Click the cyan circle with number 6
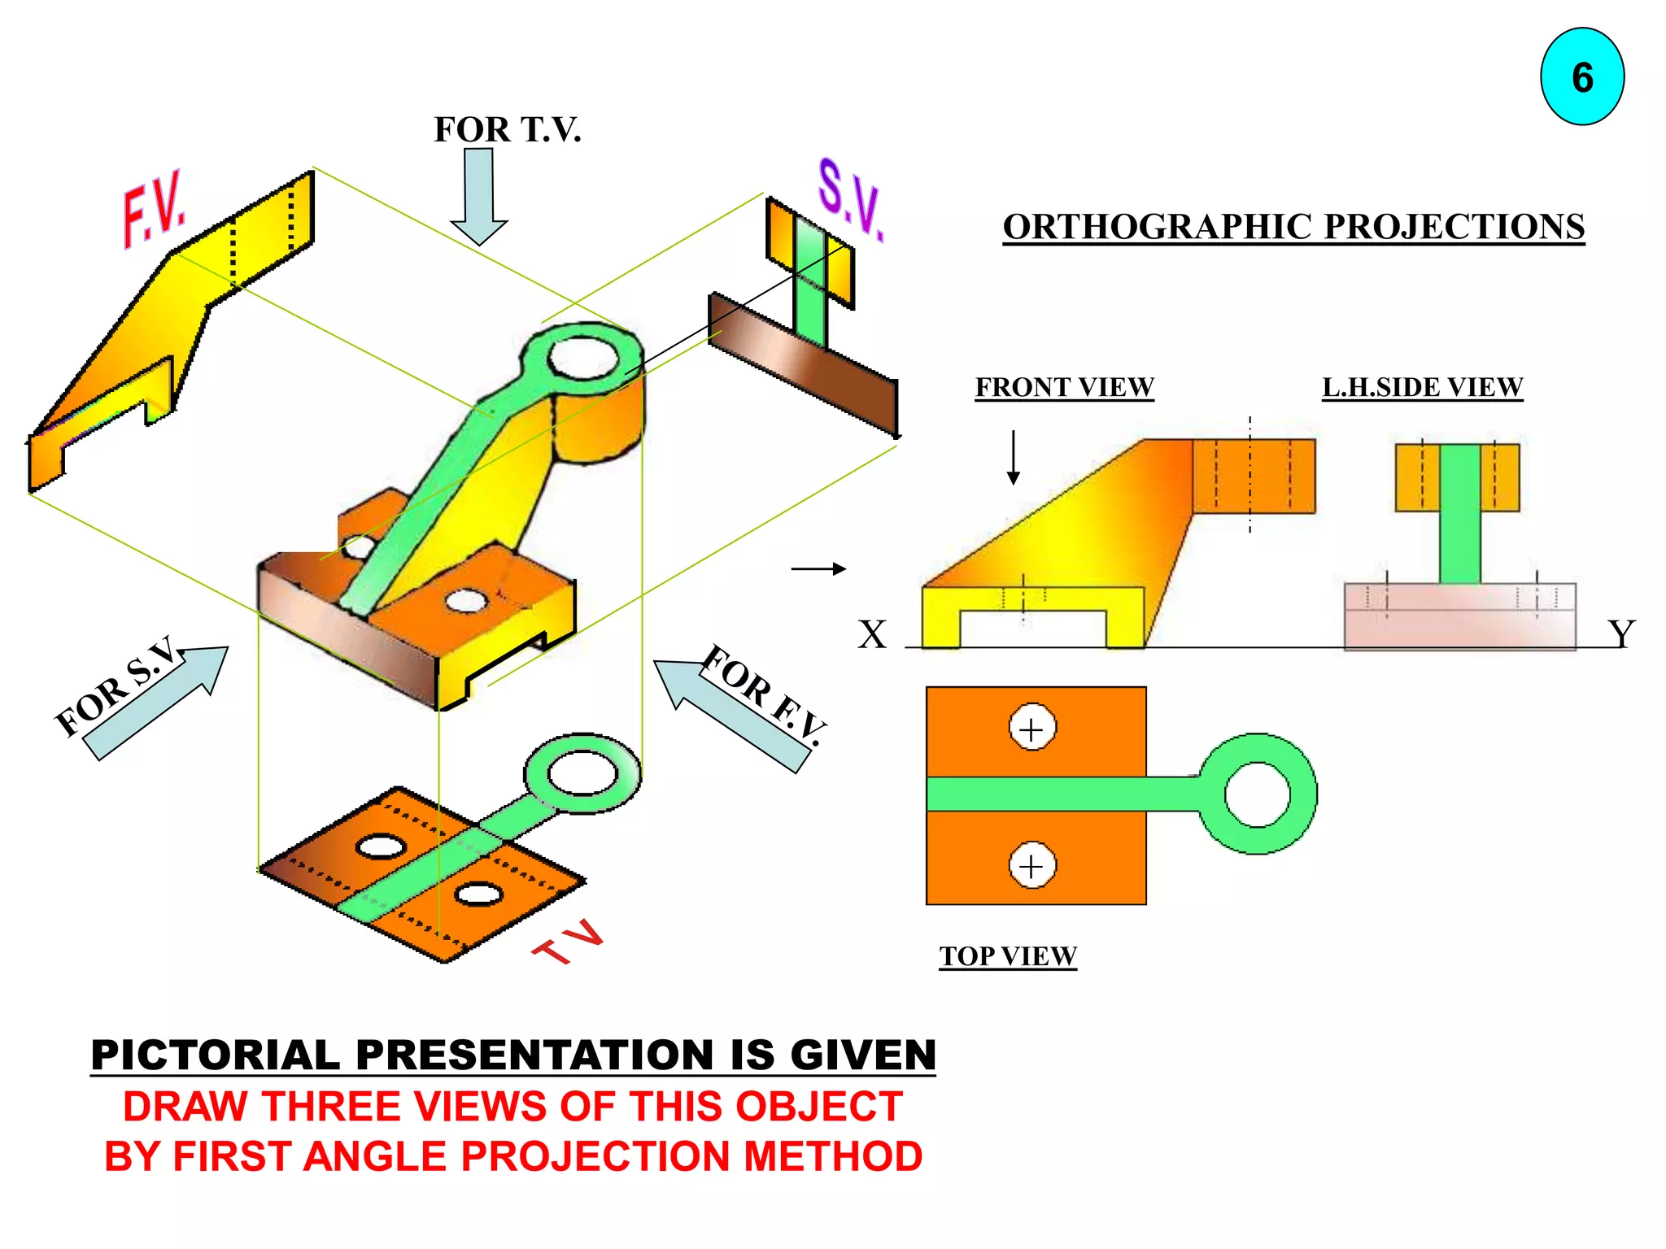point(1581,77)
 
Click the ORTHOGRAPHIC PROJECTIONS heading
point(1293,227)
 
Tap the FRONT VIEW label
point(1064,387)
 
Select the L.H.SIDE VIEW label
point(1422,387)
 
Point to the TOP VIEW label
point(1008,955)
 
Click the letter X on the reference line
point(872,634)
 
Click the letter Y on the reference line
point(1620,633)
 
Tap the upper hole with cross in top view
point(1031,729)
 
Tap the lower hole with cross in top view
point(1031,866)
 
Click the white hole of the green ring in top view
point(1257,794)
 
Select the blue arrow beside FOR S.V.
point(155,704)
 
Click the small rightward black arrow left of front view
point(818,569)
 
